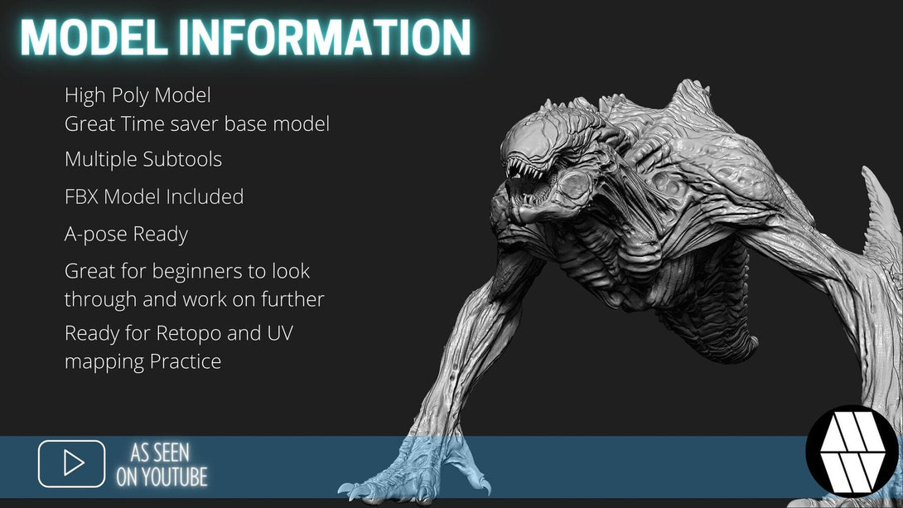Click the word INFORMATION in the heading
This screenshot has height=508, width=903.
click(325, 37)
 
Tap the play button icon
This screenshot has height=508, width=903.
click(72, 463)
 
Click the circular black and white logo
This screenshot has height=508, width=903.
click(852, 451)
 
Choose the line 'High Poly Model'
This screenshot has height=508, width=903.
click(138, 95)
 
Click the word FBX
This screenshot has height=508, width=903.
click(81, 197)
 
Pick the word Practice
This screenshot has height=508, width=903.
click(186, 361)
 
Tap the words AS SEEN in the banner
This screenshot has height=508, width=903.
click(160, 453)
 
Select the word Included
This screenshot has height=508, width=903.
click(205, 197)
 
